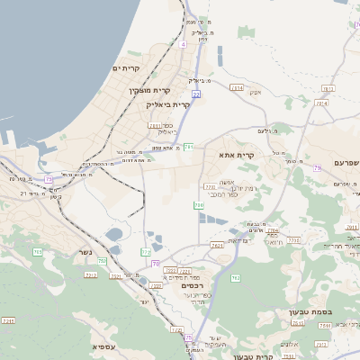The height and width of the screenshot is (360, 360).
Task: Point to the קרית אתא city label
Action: point(237,155)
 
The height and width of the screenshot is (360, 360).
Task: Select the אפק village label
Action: point(255,93)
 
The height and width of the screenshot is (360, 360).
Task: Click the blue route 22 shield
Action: point(196,94)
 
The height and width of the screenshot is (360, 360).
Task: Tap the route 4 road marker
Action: point(183,43)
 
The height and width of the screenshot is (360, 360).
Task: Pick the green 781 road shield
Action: point(189,147)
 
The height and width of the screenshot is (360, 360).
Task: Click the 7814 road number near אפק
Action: point(237,88)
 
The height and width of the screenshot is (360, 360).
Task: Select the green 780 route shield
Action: point(198,205)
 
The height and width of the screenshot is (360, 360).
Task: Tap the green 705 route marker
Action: point(103,261)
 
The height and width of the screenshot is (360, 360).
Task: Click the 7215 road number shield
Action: point(9,320)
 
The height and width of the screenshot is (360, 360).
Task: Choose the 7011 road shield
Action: point(155,126)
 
